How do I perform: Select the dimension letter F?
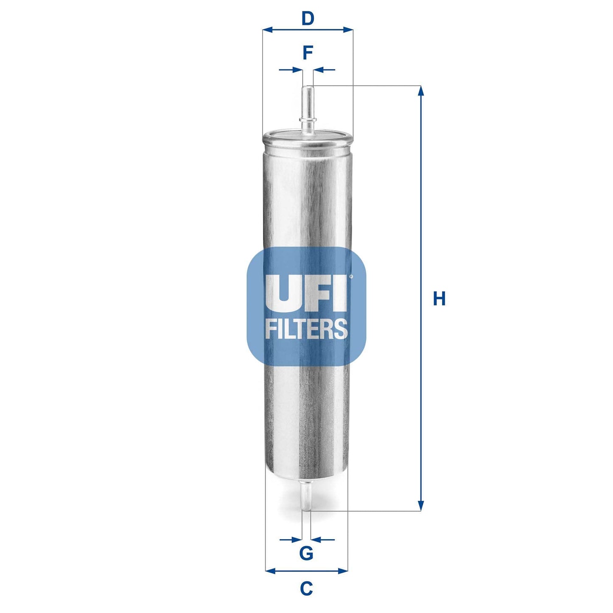tap(308, 53)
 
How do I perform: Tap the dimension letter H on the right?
tap(439, 299)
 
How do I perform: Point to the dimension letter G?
tap(306, 553)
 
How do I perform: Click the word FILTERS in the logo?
tap(306, 329)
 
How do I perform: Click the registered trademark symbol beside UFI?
tap(351, 277)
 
